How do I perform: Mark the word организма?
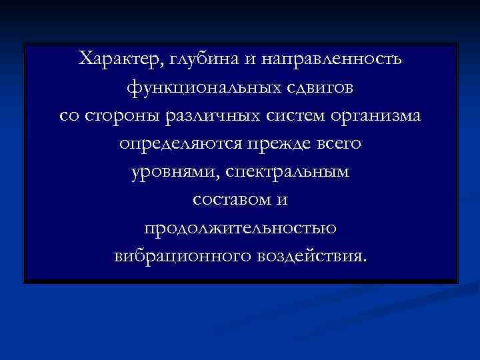tap(376, 116)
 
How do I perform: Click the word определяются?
tap(179, 144)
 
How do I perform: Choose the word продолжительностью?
tap(240, 229)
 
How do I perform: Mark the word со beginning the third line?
tap(68, 116)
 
